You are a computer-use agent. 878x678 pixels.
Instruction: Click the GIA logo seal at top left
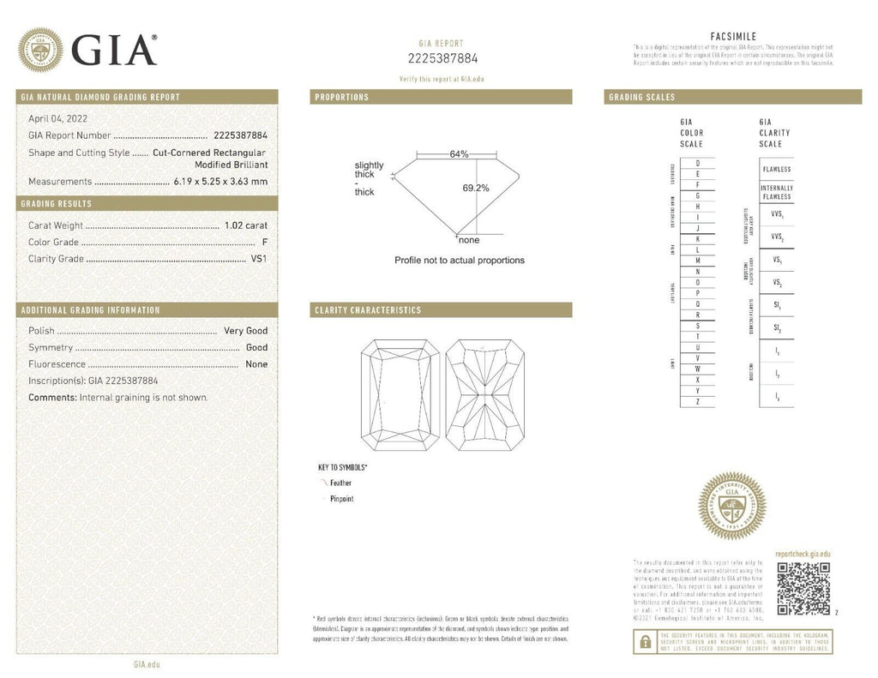point(40,50)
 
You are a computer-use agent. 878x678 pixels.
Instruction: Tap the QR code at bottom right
point(803,590)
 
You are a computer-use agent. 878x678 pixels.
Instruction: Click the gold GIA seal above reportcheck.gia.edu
point(731,506)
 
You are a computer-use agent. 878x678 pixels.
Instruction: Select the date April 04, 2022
point(57,119)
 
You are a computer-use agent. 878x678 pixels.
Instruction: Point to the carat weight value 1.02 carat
point(246,225)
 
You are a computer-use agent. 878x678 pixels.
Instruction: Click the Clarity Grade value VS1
point(258,259)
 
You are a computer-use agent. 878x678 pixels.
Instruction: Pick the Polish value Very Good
point(245,331)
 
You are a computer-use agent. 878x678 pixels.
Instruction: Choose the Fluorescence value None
point(256,364)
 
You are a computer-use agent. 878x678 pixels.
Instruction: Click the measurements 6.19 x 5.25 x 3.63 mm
point(219,182)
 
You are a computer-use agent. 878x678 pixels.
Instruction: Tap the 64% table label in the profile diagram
point(458,154)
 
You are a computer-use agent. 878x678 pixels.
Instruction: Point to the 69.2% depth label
point(476,188)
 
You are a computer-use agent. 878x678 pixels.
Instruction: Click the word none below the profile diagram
point(469,241)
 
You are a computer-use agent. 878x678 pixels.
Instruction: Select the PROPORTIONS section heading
point(342,98)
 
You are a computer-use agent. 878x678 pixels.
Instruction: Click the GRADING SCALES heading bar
point(733,98)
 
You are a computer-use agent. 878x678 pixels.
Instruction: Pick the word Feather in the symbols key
point(341,483)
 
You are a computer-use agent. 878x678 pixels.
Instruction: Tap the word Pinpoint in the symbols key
point(342,499)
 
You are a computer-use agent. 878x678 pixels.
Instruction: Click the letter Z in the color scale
point(698,402)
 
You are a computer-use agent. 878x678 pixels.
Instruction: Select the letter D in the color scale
point(698,163)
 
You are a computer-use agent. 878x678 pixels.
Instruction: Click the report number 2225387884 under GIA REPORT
point(442,58)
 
